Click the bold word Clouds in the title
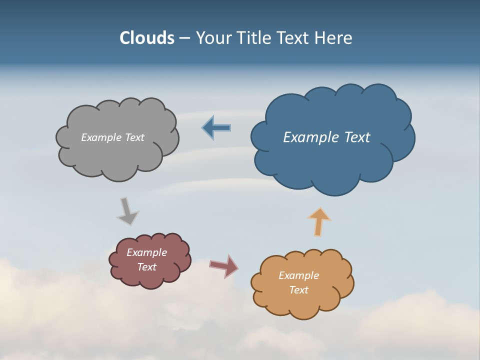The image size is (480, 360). pos(146,38)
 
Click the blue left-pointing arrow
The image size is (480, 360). pos(216,128)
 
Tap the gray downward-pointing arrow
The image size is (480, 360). pos(127,211)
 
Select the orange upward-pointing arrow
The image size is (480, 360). pos(319,221)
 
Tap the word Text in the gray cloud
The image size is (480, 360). pos(134,137)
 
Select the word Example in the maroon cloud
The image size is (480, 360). pos(146,252)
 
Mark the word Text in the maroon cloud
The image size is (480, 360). pos(146,267)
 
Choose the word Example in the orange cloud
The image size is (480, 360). pos(298,275)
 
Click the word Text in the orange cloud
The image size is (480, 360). pos(298,290)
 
